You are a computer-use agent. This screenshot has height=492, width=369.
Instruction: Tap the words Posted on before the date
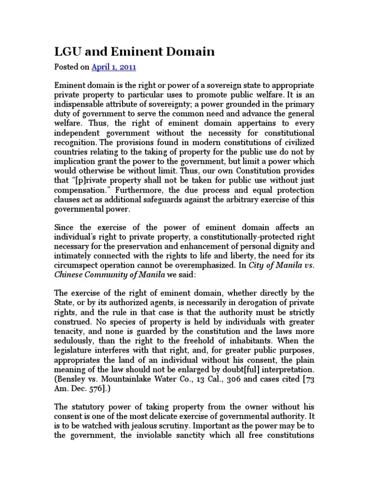click(x=72, y=67)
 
